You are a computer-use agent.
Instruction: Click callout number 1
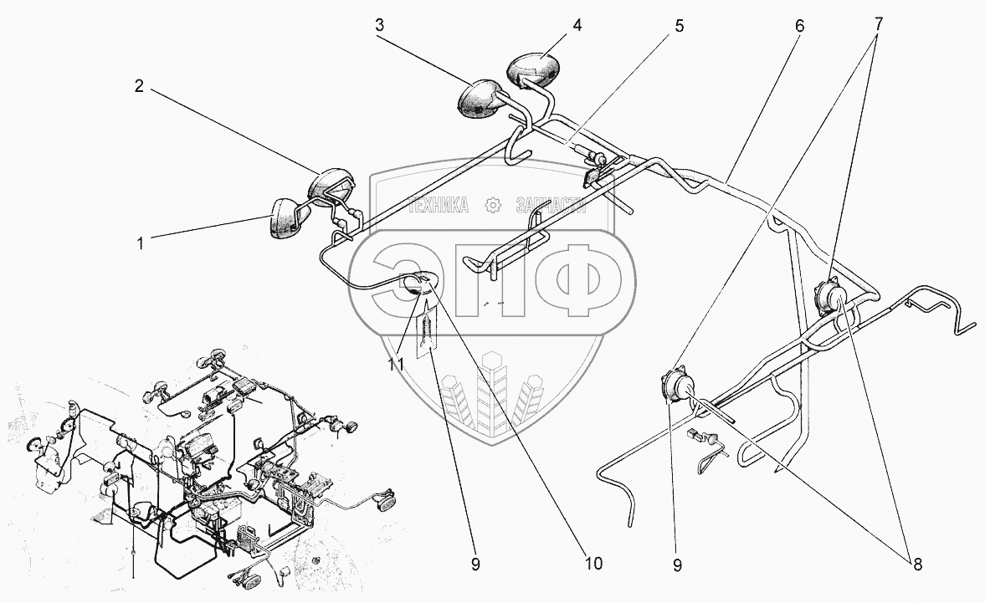(x=141, y=244)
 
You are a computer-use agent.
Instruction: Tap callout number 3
(x=379, y=25)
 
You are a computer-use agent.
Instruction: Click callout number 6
(x=799, y=26)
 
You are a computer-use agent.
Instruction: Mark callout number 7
(x=876, y=24)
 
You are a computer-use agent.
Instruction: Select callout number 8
(x=916, y=564)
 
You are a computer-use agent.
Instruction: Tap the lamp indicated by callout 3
(x=477, y=98)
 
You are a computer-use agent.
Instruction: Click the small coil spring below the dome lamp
(x=428, y=328)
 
